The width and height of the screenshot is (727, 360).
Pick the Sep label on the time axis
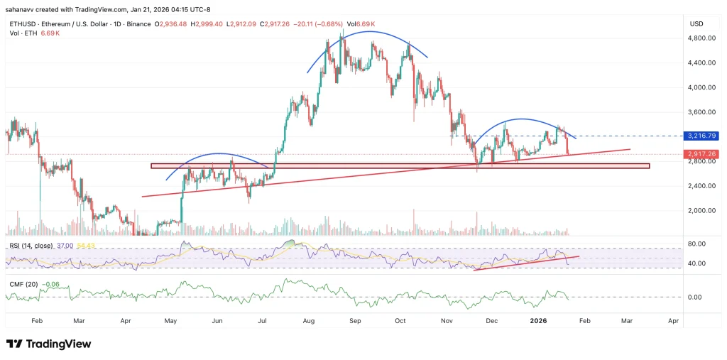point(355,321)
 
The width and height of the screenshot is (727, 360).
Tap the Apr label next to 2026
point(673,321)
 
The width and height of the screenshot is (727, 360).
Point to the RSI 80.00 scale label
point(697,244)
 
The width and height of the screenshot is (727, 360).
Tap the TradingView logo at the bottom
point(50,344)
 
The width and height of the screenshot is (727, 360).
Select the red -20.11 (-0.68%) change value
point(322,24)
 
